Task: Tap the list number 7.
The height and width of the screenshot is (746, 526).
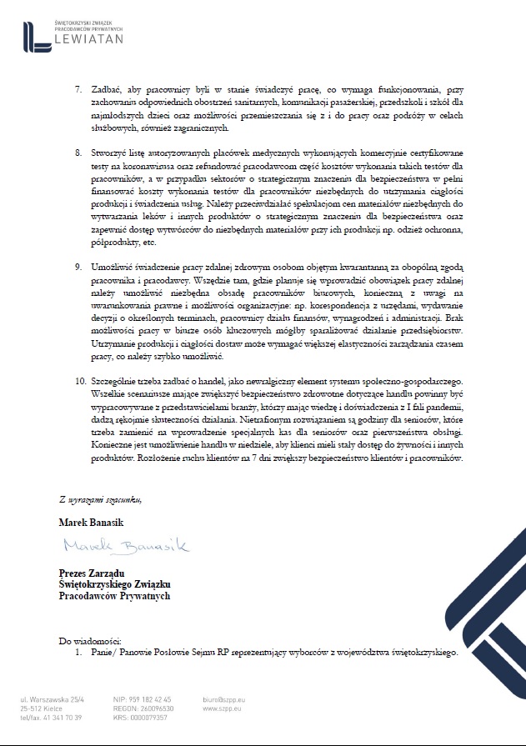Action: click(79, 88)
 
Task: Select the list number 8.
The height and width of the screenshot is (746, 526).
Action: click(79, 155)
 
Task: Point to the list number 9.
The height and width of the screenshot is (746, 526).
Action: click(79, 266)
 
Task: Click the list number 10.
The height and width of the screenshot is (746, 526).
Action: click(81, 380)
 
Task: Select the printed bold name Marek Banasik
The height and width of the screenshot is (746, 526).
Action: click(91, 522)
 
